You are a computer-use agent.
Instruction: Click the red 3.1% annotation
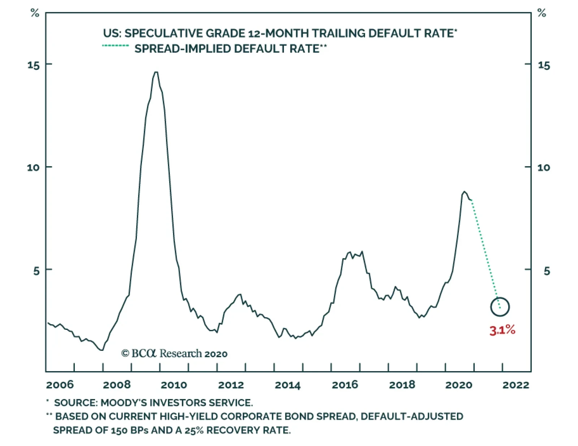(502, 330)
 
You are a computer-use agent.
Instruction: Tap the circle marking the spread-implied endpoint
(500, 307)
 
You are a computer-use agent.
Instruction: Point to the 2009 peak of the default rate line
(156, 72)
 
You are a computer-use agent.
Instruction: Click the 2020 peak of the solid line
(464, 192)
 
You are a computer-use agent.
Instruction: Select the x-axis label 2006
(60, 385)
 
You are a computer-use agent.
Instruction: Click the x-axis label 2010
(174, 385)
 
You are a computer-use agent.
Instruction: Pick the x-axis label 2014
(288, 385)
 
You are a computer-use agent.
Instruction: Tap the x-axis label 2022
(516, 385)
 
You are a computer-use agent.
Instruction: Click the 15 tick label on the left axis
(34, 65)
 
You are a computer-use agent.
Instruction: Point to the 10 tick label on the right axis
(544, 167)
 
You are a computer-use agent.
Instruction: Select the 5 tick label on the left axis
(36, 271)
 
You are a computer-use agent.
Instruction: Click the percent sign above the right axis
(542, 13)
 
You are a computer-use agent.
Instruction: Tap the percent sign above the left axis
(35, 13)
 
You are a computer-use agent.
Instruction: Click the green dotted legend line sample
(116, 46)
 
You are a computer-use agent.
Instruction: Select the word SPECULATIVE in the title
(164, 33)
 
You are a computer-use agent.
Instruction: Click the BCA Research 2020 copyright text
(174, 353)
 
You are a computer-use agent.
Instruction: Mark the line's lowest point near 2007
(102, 350)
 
